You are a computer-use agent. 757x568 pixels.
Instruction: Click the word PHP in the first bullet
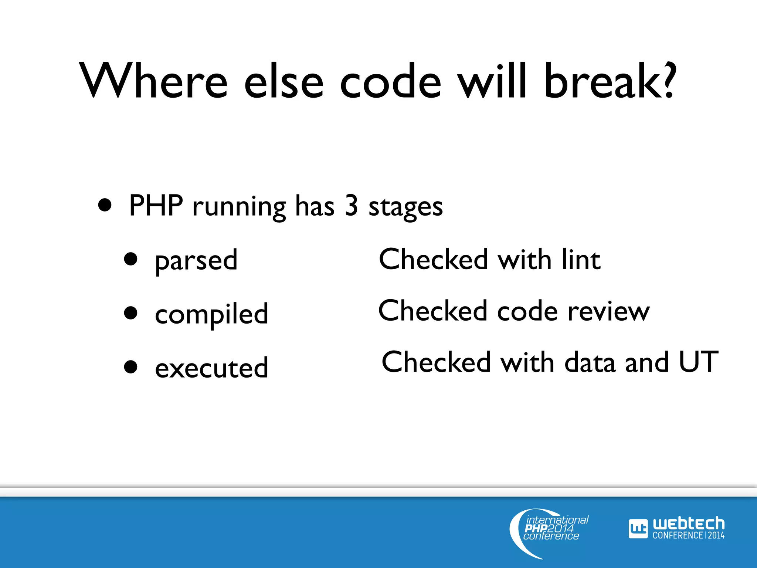156,206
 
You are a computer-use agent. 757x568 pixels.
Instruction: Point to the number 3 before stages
351,206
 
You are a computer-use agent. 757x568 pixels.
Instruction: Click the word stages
405,207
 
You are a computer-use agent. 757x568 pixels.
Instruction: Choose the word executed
211,368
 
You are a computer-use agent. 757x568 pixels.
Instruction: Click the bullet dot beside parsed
131,259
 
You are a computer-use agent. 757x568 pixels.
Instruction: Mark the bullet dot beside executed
131,367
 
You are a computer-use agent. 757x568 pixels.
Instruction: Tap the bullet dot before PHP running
105,205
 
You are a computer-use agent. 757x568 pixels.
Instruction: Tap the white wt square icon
638,529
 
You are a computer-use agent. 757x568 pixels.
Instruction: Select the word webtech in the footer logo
688,524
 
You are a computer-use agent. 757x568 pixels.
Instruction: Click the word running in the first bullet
239,207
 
